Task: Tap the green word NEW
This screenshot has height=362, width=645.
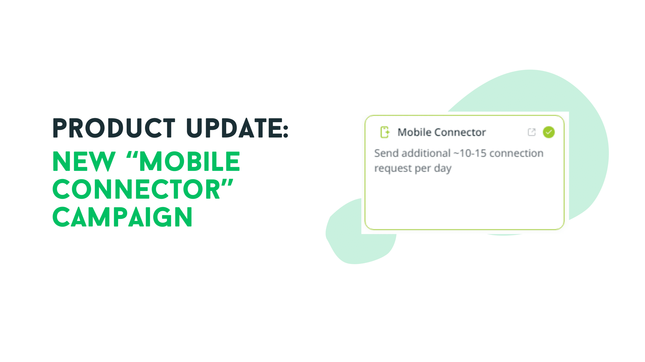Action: tap(84, 161)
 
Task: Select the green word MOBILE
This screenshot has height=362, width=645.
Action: tap(189, 161)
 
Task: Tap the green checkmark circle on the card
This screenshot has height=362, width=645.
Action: tap(549, 132)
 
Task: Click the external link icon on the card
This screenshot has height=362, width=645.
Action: tap(532, 132)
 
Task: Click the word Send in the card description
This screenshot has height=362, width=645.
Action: tap(386, 153)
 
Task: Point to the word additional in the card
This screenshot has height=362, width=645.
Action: tap(426, 153)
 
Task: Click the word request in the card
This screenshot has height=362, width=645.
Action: tap(393, 168)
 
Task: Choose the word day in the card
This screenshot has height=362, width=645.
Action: tap(443, 168)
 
